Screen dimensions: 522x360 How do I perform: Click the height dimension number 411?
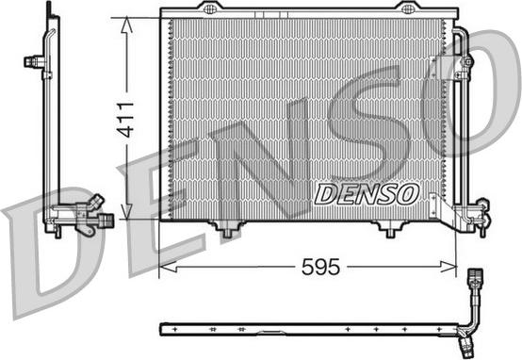(126, 120)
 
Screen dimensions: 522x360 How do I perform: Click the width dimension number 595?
(320, 267)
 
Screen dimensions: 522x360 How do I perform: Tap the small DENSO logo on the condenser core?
(367, 194)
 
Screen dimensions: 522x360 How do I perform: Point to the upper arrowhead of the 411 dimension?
(126, 25)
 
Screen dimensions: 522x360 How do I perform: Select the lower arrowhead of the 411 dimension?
(126, 212)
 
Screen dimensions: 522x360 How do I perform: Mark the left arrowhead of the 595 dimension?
(168, 267)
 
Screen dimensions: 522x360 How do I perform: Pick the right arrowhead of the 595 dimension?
(449, 267)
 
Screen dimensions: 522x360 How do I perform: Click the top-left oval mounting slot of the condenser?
(209, 8)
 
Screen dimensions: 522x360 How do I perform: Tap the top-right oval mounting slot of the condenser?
(407, 8)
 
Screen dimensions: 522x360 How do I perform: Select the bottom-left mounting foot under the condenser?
(227, 229)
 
